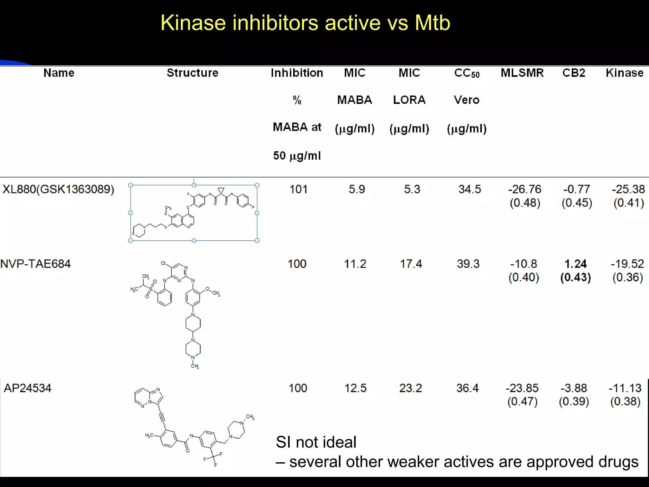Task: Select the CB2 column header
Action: pyautogui.click(x=574, y=73)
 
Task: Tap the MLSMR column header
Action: pyautogui.click(x=522, y=73)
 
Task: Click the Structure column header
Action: pyautogui.click(x=192, y=73)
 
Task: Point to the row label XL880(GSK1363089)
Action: pyautogui.click(x=58, y=189)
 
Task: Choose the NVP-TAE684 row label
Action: pyautogui.click(x=35, y=264)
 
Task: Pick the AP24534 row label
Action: pyautogui.click(x=28, y=388)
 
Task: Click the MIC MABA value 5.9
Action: pyautogui.click(x=357, y=189)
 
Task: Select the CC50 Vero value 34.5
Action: pyautogui.click(x=470, y=189)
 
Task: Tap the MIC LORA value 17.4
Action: pyautogui.click(x=411, y=264)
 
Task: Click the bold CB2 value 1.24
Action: pyautogui.click(x=575, y=264)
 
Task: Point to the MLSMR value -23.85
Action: pyautogui.click(x=522, y=388)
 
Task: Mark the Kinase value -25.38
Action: pyautogui.click(x=628, y=189)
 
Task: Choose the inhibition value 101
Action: pyautogui.click(x=299, y=189)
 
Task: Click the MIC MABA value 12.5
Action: pyautogui.click(x=356, y=388)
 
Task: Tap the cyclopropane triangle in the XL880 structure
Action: pyautogui.click(x=221, y=191)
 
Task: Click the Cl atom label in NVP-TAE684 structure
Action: pyautogui.click(x=164, y=263)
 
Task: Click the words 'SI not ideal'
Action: pyautogui.click(x=316, y=442)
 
